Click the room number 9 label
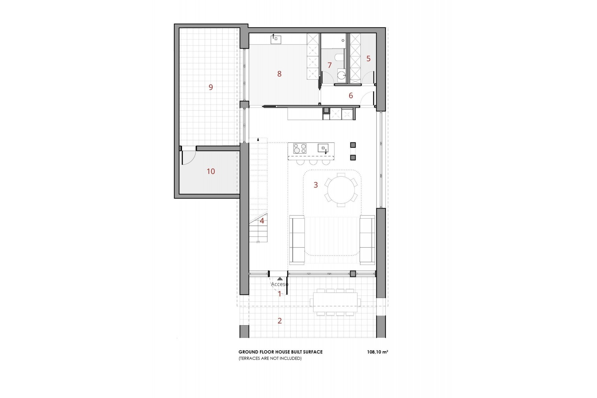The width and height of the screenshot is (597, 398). pos(211,87)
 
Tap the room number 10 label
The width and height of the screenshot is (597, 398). pos(211,171)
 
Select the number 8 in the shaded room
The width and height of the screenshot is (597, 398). pos(279,74)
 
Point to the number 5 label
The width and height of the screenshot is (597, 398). pos(368,58)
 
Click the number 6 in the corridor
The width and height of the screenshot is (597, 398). pos(351,95)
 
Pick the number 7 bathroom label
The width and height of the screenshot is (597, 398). pos(330,65)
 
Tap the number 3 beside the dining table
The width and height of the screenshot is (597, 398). pos(316,185)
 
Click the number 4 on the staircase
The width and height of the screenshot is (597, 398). pos(262,221)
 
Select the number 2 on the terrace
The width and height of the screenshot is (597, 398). pos(280,321)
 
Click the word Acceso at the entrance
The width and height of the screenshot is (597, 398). pos(279,284)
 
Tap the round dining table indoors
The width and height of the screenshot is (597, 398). pos(341,190)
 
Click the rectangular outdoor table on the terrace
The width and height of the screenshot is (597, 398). pos(335,302)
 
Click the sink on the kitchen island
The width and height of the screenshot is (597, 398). pos(323,148)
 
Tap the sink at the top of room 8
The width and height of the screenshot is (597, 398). pos(276,39)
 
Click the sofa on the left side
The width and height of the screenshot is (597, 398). pos(297,240)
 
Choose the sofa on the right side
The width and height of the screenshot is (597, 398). pos(367,240)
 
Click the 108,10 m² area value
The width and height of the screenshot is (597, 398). pos(377,352)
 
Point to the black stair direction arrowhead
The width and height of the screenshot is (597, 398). pos(258,139)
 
